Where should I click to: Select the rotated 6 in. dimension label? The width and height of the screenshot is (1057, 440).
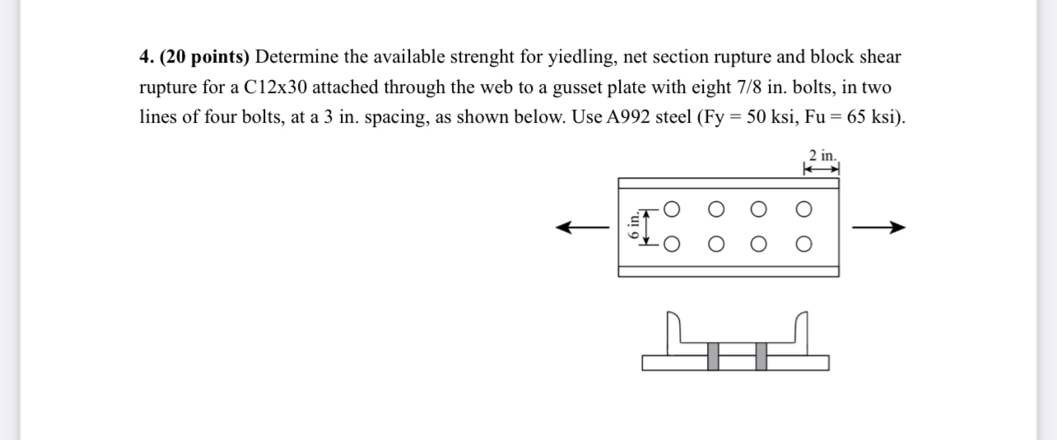click(634, 226)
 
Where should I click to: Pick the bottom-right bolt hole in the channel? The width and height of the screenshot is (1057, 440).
click(803, 244)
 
